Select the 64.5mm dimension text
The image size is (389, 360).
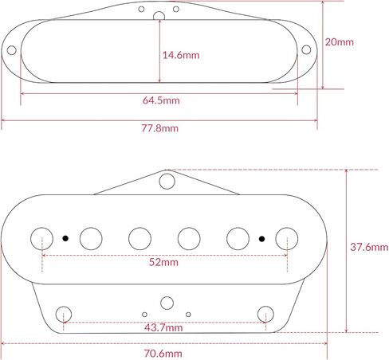tap(161, 101)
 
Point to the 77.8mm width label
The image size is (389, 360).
tap(160, 128)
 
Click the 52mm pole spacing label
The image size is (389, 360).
tap(164, 261)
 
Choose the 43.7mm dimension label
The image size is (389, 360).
tap(164, 327)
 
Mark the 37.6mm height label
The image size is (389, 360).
tap(367, 247)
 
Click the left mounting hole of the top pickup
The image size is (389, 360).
tap(13, 52)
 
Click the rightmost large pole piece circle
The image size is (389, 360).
tap(287, 237)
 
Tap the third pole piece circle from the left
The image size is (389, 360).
tap(140, 237)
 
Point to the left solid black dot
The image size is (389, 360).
tap(65, 237)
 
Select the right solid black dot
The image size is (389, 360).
tap(261, 237)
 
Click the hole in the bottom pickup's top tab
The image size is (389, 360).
tap(166, 181)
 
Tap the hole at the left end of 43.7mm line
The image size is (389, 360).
tap(64, 311)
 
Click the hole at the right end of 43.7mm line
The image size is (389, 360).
tap(265, 311)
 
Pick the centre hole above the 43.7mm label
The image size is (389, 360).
tap(166, 303)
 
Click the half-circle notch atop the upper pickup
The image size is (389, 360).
tap(159, 14)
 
